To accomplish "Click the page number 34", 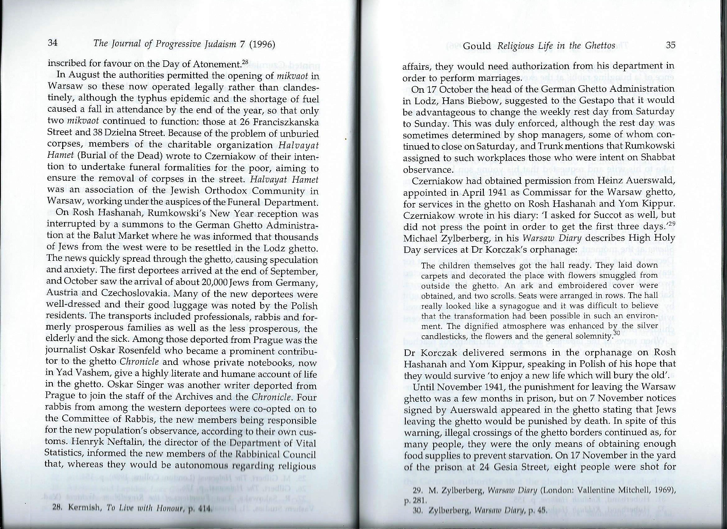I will pyautogui.click(x=52, y=44).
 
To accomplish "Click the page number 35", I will pyautogui.click(x=671, y=45).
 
